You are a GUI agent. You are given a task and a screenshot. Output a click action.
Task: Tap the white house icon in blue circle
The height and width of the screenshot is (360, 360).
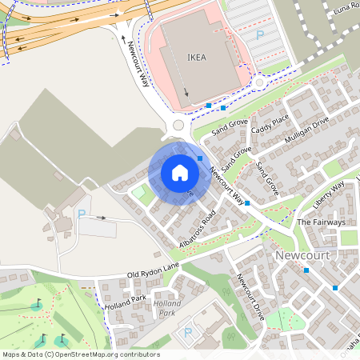point(179,173)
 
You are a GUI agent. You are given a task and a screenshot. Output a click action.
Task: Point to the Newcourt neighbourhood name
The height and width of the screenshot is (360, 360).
point(302,255)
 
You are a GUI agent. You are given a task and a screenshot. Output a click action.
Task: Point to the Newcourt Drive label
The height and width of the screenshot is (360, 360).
point(250,298)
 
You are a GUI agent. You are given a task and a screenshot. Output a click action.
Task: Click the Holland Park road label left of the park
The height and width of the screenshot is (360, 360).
point(126,303)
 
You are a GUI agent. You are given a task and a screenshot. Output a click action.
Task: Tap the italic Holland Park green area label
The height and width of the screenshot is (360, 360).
point(168,308)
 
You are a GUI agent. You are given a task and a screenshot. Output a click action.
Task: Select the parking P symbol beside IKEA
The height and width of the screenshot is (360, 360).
point(258,35)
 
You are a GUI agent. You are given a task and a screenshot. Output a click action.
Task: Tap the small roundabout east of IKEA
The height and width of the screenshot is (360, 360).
point(258,82)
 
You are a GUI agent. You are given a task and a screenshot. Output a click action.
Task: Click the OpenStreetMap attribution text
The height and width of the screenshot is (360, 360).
point(81,354)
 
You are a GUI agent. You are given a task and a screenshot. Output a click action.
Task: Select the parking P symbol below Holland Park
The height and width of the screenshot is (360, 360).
point(188,332)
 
